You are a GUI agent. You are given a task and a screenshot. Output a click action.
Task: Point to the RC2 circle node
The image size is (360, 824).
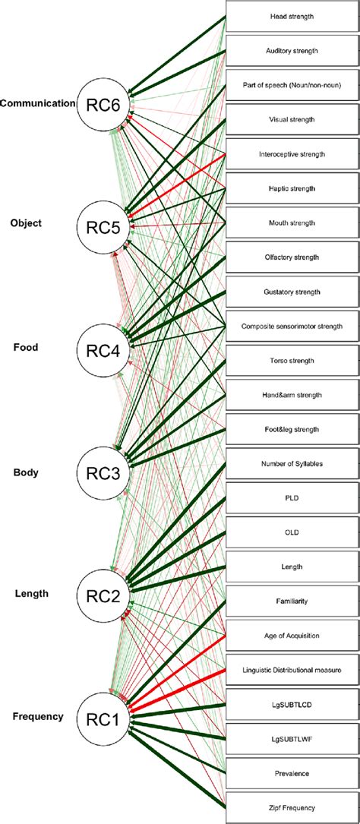tap(104, 592)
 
